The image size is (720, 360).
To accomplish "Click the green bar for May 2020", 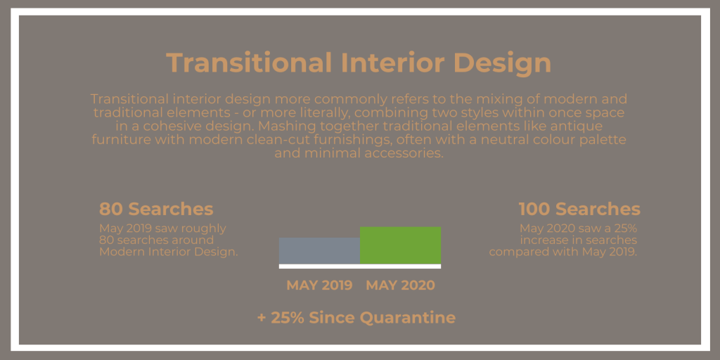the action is click(x=400, y=245).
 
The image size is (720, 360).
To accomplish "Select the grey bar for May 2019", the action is click(x=320, y=251).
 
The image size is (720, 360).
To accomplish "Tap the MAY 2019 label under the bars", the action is click(x=320, y=285).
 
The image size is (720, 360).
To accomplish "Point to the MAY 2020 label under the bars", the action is click(x=400, y=285).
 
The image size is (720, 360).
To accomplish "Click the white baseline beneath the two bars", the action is click(x=360, y=266).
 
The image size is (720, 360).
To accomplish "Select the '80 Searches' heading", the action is click(x=156, y=209).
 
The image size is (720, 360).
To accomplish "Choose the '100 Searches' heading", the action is click(x=579, y=209).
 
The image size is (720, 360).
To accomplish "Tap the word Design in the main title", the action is click(x=502, y=63).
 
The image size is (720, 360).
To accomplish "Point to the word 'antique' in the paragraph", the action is click(x=580, y=127).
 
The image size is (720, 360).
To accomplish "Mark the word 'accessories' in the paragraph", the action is click(x=404, y=153).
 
